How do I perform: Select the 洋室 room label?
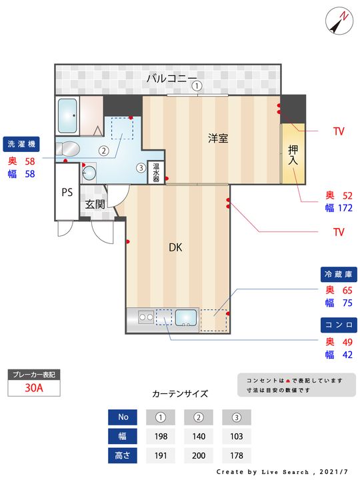tap(218, 139)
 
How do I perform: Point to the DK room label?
tap(175, 248)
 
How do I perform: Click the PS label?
tap(67, 193)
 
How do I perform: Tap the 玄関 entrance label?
tap(95, 204)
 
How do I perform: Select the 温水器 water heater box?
tap(156, 173)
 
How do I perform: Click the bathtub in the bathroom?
tap(68, 116)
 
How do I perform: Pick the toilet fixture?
tap(69, 148)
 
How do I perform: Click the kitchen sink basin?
tap(186, 319)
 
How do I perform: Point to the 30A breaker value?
tap(33, 389)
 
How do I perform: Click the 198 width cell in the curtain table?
tap(160, 437)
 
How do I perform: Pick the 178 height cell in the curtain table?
tap(236, 456)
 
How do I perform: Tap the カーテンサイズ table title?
tap(180, 393)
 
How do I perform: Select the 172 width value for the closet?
tap(345, 208)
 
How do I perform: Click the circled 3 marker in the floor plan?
tap(141, 167)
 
